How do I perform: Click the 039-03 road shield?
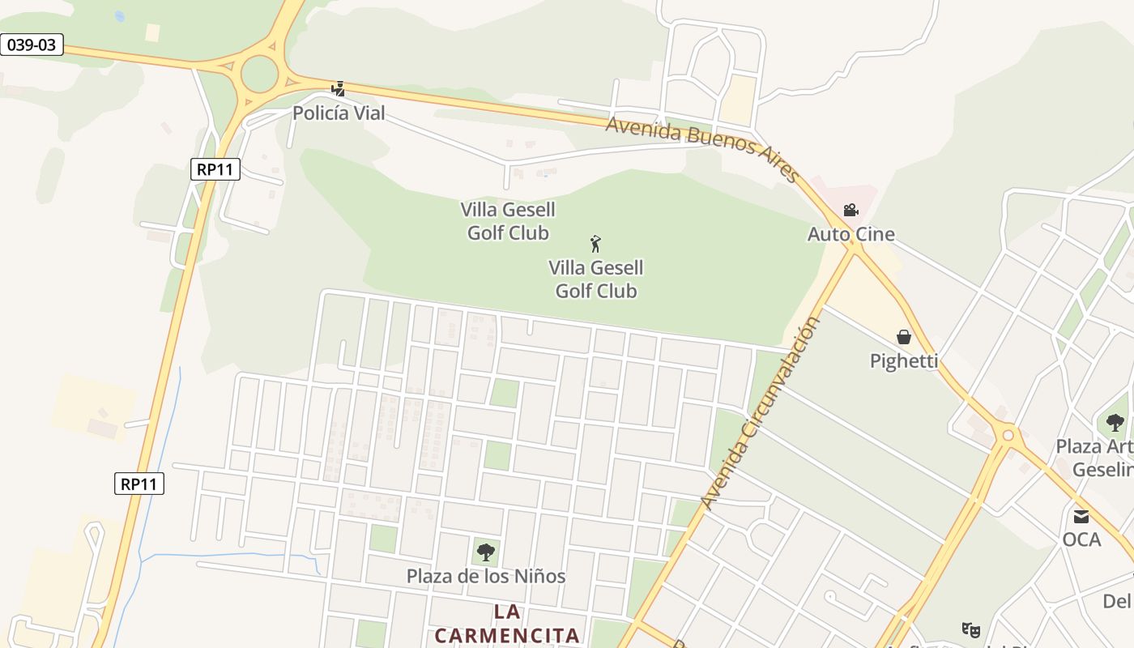click(x=32, y=45)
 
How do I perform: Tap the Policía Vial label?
click(x=339, y=113)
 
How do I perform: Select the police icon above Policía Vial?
click(x=339, y=88)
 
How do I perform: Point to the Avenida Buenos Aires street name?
click(x=702, y=148)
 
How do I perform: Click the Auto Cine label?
click(x=850, y=235)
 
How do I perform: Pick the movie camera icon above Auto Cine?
click(x=850, y=211)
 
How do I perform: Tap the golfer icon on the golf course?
click(x=595, y=243)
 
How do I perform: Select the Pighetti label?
click(x=904, y=361)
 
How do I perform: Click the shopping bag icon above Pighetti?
click(x=904, y=337)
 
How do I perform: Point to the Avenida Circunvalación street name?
click(x=761, y=413)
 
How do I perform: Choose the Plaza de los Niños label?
click(x=485, y=577)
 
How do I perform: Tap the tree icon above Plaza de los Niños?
click(x=485, y=552)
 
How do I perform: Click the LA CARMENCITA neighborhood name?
click(x=507, y=623)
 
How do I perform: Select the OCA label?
click(x=1081, y=539)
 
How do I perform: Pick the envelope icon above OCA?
click(x=1081, y=517)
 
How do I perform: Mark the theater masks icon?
click(x=970, y=629)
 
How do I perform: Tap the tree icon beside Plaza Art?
click(x=1115, y=422)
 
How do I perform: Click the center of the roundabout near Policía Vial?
click(x=259, y=75)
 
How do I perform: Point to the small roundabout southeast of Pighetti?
click(x=1008, y=436)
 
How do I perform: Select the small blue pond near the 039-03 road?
click(x=120, y=16)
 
